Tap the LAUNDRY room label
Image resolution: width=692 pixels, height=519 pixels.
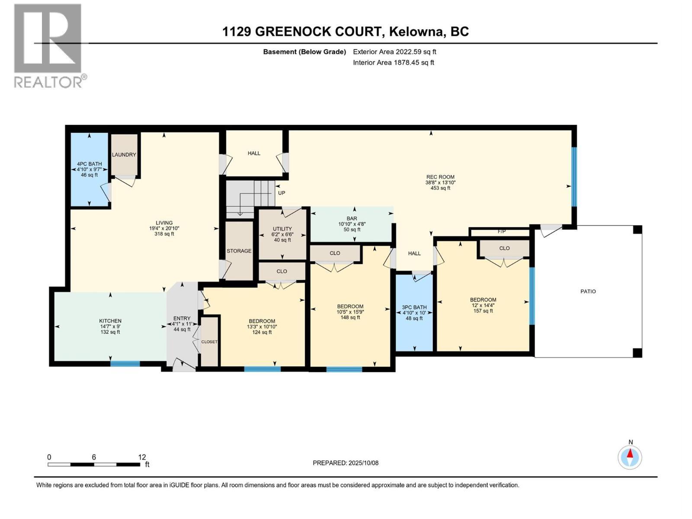[124, 154]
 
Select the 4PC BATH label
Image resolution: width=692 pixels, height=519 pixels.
[89, 164]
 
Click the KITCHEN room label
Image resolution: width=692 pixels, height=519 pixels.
[110, 321]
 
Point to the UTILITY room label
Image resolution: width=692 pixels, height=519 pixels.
[282, 229]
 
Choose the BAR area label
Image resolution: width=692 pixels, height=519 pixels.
[352, 218]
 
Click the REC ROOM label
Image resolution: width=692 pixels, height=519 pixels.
[440, 177]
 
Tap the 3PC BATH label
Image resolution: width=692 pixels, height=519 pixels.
[414, 307]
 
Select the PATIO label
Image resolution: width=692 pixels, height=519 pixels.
[588, 292]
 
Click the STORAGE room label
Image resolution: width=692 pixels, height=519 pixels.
[239, 251]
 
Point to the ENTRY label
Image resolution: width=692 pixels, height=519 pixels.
[182, 318]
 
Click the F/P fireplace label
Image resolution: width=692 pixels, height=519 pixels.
[502, 231]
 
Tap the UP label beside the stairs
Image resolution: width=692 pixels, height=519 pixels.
[282, 193]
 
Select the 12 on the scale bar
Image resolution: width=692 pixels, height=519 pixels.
[142, 457]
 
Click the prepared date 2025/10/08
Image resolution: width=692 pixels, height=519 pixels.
[363, 463]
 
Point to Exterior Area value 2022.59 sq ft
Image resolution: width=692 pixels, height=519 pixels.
[416, 51]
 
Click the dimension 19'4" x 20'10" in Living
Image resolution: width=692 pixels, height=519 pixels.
[164, 228]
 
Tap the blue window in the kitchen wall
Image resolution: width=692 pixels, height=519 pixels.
[125, 364]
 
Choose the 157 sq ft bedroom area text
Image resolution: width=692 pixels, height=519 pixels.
[483, 311]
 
